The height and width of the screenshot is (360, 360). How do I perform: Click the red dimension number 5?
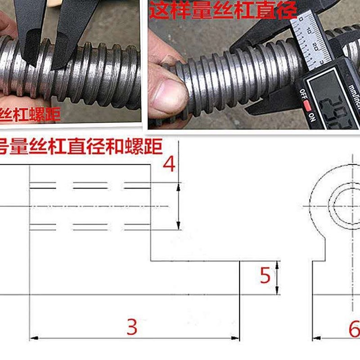pos(265,275)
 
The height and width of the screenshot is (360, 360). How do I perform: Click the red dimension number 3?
pos(131,327)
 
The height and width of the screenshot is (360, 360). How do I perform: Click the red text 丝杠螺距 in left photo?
pos(29,115)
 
